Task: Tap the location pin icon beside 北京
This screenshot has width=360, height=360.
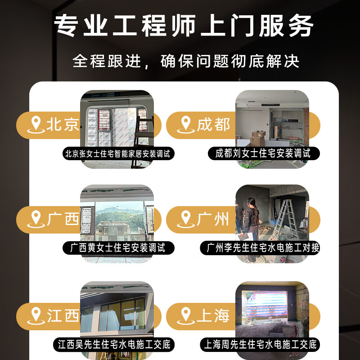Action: coord(36,125)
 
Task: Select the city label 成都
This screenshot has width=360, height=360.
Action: coord(213,125)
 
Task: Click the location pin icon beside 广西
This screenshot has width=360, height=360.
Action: coord(36,219)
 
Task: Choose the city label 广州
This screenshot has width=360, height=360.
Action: coord(213,219)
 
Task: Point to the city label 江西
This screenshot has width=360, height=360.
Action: coord(63,315)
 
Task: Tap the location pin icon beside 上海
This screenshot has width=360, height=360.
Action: coord(185,315)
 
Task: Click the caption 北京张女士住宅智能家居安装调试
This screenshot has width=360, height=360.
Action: coord(117,153)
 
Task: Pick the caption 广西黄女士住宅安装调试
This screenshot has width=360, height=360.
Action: coord(117,247)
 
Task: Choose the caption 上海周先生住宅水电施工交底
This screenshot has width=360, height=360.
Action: coord(260,345)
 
